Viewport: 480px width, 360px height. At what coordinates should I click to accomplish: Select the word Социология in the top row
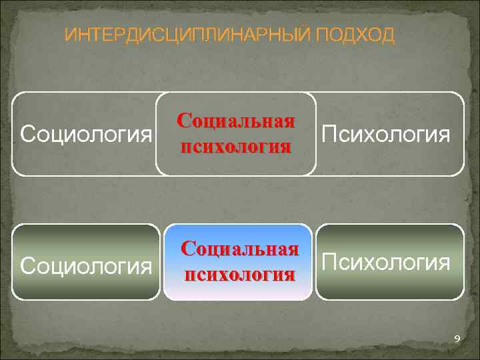(x=86, y=135)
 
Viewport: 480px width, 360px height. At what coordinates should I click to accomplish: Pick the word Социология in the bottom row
(x=86, y=265)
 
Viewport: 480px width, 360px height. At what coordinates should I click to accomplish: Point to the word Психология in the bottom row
(x=385, y=262)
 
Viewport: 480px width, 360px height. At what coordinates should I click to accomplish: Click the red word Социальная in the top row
(x=235, y=122)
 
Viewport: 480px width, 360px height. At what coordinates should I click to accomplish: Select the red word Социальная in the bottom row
(x=238, y=250)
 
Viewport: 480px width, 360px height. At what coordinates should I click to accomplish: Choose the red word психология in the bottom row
(x=238, y=274)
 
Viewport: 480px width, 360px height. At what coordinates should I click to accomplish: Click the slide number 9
(x=457, y=340)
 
